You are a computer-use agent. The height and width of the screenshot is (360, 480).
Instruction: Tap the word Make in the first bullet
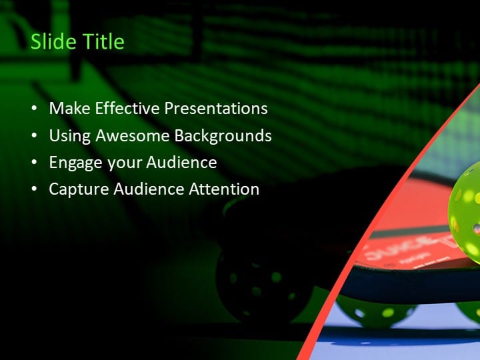point(70,108)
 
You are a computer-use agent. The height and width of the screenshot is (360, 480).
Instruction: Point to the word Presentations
point(216,108)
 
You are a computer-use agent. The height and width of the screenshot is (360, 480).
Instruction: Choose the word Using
point(70,135)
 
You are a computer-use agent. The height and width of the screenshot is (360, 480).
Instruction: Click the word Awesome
point(133,135)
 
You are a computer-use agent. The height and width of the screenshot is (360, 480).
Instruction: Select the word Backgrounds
point(223,135)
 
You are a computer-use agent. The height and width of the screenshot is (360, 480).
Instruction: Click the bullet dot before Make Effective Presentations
point(35,109)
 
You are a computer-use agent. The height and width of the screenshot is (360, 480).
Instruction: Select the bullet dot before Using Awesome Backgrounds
point(35,136)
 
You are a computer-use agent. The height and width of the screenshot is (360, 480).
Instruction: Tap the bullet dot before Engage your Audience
point(35,163)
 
